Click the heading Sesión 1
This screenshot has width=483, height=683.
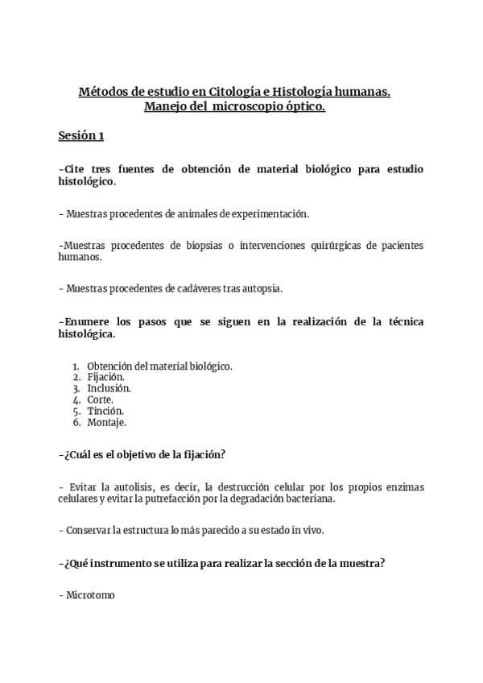pyautogui.click(x=80, y=136)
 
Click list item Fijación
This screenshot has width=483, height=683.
pyautogui.click(x=105, y=376)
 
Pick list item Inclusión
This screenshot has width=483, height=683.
pyautogui.click(x=109, y=387)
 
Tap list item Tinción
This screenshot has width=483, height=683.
pyautogui.click(x=105, y=410)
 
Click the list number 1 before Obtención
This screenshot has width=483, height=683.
pyautogui.click(x=76, y=365)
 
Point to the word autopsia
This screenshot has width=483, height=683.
pyautogui.click(x=262, y=288)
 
